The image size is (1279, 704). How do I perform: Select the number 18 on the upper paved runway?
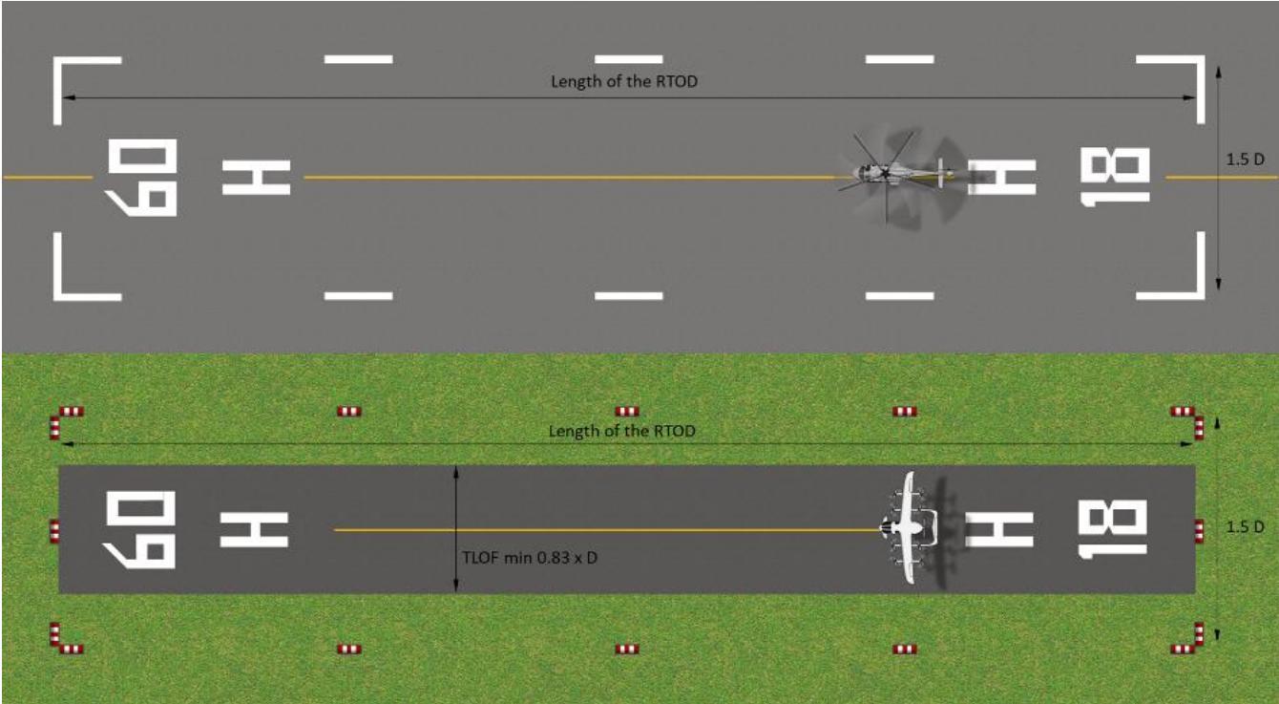point(1114,177)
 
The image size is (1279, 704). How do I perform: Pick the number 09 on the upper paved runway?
point(141,177)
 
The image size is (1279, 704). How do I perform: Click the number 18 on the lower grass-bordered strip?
point(1112,528)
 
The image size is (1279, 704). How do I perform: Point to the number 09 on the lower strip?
point(139,530)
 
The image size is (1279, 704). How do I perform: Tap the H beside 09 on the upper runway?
point(257,177)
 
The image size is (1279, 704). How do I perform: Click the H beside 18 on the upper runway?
point(1002,177)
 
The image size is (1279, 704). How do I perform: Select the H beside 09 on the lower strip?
point(254,530)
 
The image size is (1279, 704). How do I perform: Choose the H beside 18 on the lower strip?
point(999,529)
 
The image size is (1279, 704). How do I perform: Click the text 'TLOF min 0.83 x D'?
point(530,558)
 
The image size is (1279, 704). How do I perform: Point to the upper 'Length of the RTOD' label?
point(624,82)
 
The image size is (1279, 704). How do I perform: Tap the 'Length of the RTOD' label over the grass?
point(621,431)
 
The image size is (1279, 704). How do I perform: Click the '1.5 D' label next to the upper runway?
point(1246,160)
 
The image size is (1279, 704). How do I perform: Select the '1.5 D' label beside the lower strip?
point(1246,526)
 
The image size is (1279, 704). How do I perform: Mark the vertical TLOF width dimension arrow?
point(455,529)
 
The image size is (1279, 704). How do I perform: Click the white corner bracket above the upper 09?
point(57,60)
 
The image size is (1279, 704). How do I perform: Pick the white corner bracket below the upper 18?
point(1201,295)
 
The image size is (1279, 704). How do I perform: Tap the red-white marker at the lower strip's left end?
point(54,531)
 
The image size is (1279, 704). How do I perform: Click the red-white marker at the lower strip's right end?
point(1200,531)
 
